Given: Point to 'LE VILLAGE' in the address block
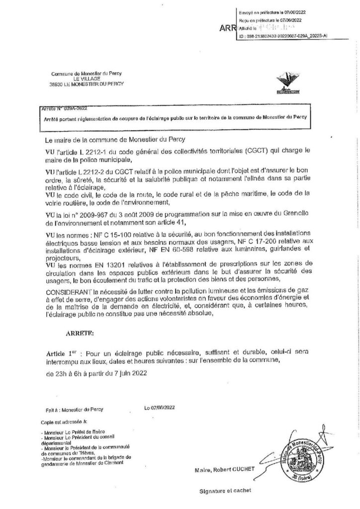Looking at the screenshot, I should (x=79, y=79).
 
